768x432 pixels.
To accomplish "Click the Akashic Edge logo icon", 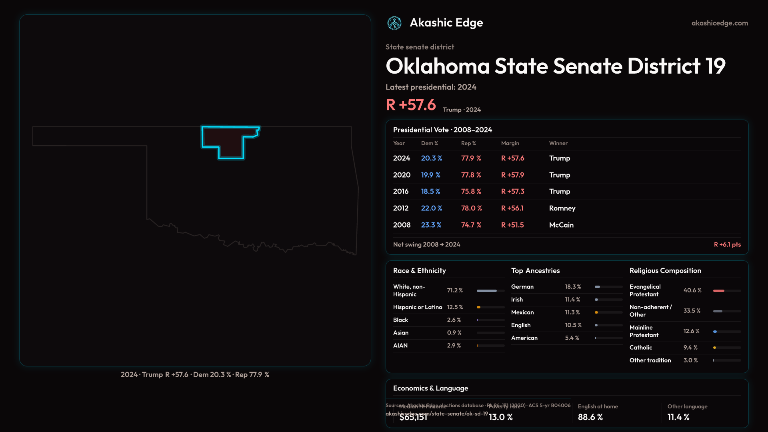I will (394, 23).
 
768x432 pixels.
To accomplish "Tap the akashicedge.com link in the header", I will (720, 23).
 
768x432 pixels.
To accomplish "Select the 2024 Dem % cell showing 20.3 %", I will (431, 158).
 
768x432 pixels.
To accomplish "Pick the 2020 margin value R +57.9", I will (512, 175).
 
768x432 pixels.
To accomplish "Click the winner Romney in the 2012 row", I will (562, 208).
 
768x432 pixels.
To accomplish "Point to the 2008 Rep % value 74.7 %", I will (471, 225).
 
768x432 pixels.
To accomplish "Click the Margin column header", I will (510, 143).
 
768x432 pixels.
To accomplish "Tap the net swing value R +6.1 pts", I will (727, 244).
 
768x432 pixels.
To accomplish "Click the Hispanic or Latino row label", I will (418, 307).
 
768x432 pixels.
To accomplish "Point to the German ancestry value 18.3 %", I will (573, 287).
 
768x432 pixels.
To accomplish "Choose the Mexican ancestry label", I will (522, 312).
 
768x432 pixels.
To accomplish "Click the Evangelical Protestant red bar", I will (719, 291).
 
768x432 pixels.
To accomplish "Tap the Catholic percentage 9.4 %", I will (690, 348).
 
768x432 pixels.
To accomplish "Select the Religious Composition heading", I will (665, 271).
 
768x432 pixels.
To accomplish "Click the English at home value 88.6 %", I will (590, 417).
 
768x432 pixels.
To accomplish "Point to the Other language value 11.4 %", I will (678, 417).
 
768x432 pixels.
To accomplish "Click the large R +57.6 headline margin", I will (411, 105).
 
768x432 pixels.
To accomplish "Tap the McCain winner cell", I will (561, 225).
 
